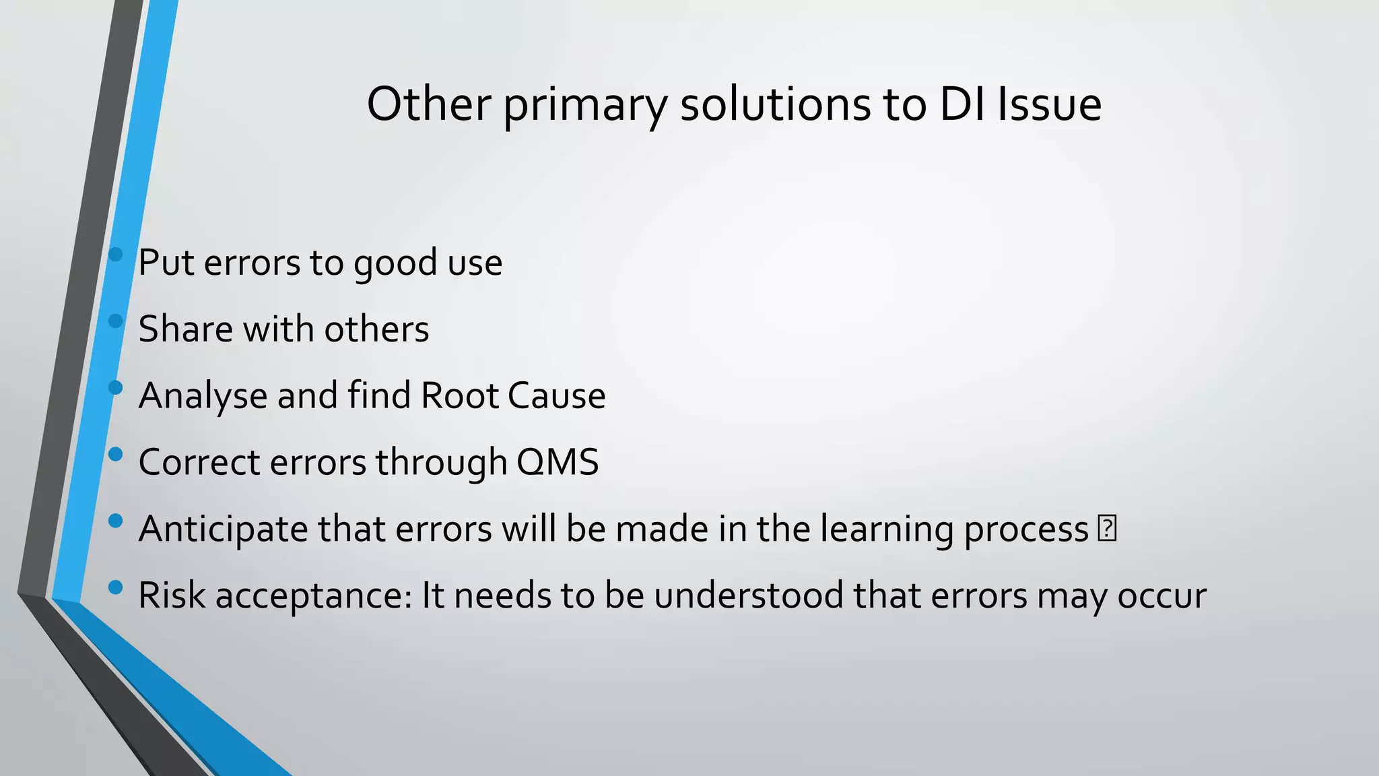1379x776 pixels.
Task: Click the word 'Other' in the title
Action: point(428,104)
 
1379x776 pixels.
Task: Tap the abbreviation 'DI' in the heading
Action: point(963,104)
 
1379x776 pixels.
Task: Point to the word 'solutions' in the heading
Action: point(774,104)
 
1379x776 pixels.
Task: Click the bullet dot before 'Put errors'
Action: point(115,255)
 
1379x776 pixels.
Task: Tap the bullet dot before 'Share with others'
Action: point(115,321)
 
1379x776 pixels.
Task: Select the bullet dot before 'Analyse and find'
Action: point(115,388)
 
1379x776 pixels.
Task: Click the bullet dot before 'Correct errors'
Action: point(115,455)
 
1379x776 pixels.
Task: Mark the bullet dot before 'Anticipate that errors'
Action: point(115,521)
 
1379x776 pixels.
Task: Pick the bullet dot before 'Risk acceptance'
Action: point(115,587)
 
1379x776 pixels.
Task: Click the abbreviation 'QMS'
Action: point(558,462)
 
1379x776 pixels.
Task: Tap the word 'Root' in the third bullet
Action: point(459,395)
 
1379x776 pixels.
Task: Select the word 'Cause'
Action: point(556,395)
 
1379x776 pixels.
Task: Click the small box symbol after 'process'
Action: point(1107,528)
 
